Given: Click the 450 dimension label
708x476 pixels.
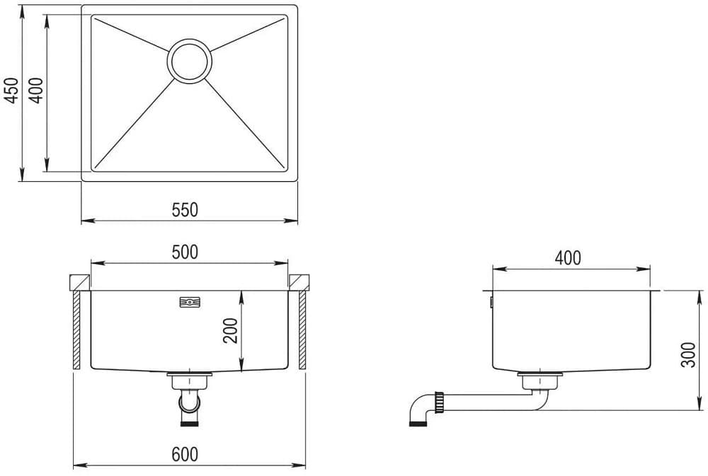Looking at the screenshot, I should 11,91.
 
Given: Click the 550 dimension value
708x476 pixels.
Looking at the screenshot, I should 185,209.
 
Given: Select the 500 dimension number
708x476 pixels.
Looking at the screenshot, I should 185,251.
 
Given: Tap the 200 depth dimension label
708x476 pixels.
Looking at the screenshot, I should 231,330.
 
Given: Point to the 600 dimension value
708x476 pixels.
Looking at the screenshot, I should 185,454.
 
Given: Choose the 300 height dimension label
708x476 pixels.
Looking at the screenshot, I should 687,352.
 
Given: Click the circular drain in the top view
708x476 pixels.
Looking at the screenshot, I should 189,60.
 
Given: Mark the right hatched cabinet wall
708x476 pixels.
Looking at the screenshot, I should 302,330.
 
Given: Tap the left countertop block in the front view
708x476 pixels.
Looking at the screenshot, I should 78,282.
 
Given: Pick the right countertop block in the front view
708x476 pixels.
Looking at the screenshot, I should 300,282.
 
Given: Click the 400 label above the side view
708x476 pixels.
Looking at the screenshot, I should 567,258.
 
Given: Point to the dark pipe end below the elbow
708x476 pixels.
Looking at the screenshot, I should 418,424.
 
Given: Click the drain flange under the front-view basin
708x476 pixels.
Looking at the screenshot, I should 189,376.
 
